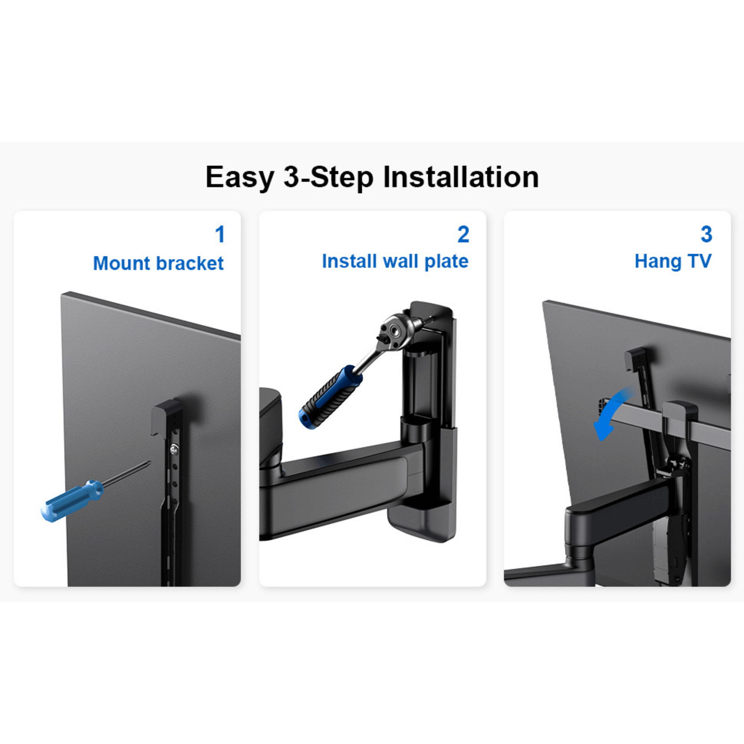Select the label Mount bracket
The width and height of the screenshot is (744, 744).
(x=158, y=263)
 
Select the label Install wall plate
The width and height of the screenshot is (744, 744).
(x=395, y=261)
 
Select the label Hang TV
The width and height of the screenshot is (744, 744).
(x=673, y=261)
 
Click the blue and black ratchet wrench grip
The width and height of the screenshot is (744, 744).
(x=330, y=397)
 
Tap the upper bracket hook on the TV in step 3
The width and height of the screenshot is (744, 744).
(x=635, y=358)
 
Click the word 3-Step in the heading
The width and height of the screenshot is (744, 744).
(x=328, y=177)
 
